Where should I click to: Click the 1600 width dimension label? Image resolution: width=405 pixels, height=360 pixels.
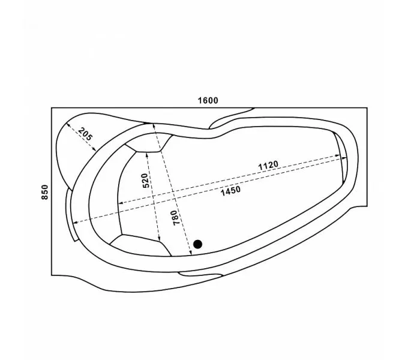[208, 100]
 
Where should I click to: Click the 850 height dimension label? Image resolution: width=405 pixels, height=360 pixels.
[44, 192]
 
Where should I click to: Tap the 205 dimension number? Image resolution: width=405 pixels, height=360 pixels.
[85, 134]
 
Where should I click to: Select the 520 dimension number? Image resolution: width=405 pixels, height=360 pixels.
[145, 181]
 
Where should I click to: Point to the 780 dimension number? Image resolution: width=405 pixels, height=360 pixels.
[175, 218]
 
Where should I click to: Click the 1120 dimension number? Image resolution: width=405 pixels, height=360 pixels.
[268, 165]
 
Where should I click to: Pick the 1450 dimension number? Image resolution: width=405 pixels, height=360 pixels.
[230, 191]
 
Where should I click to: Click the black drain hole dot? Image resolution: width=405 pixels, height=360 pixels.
[197, 244]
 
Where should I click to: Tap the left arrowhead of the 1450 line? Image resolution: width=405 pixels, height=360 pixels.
[75, 223]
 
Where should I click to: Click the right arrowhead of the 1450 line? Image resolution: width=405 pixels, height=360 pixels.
[344, 158]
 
